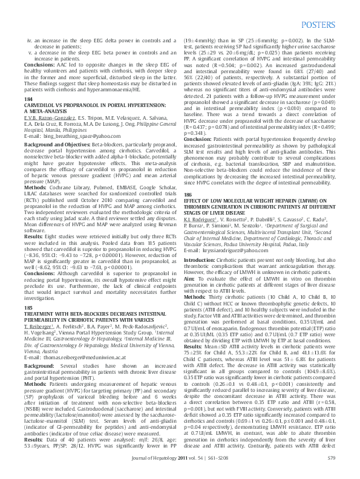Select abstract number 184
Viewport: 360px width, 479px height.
coord(28,99)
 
